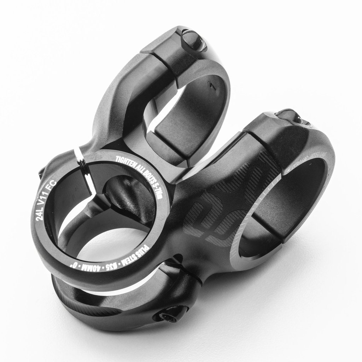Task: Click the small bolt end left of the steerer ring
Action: point(41,174)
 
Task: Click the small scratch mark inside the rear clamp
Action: point(211,86)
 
